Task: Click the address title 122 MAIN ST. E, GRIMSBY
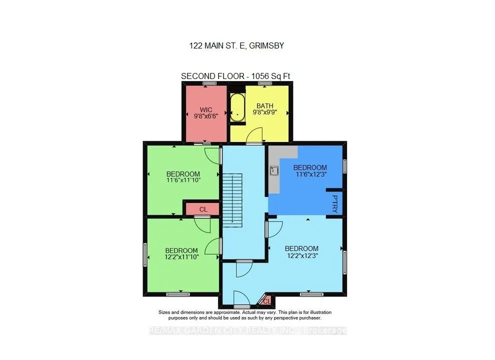tap(236, 45)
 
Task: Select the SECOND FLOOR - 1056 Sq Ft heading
tap(236, 76)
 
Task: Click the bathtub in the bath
tap(237, 108)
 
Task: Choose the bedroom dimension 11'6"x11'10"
tap(183, 181)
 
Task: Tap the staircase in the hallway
tap(232, 198)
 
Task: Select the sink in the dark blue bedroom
tap(274, 170)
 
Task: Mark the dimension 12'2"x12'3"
tap(301, 255)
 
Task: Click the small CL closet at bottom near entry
tap(266, 300)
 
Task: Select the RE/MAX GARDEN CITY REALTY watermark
tap(248, 330)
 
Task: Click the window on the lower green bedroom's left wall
tap(145, 254)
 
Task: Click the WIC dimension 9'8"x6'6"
tap(206, 115)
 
